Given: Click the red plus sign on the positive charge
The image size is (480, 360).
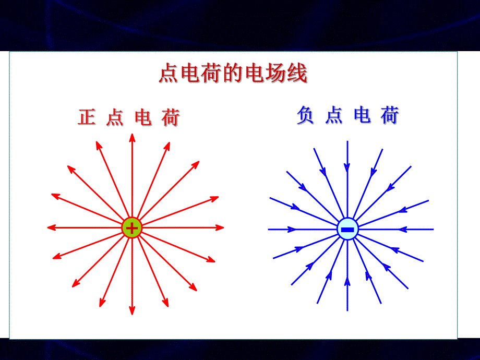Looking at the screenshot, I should coord(133,228).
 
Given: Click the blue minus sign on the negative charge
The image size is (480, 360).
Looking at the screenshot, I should coord(347,230).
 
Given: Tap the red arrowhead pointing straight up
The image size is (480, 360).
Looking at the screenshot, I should coord(132,138).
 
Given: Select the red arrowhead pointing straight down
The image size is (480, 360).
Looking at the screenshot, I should coord(132,310).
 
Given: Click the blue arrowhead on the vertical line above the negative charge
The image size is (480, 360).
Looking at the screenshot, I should coord(347,167).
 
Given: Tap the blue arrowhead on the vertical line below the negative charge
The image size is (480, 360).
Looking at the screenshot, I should coord(347,282).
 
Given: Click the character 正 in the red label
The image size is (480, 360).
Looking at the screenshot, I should coord(87,117).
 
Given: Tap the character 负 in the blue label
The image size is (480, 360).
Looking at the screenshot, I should coord(305,115).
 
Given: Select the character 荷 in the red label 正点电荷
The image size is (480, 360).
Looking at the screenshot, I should coord(170,117).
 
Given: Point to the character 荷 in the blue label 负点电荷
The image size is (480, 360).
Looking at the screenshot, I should coord(389,115).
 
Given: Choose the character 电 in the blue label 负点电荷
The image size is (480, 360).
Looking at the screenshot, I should coord(362,115).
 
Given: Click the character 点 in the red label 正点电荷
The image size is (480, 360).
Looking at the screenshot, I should coord(115,117).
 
